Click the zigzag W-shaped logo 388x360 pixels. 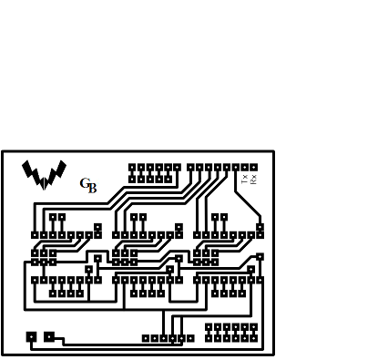tap(44, 173)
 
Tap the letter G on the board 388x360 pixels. tap(85, 184)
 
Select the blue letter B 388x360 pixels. tap(92, 190)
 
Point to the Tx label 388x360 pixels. tap(244, 179)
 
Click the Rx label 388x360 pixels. tap(254, 179)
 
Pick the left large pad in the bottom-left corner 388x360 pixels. tap(32, 336)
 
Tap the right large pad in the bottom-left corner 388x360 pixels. tap(49, 336)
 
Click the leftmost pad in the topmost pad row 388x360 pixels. tap(132, 168)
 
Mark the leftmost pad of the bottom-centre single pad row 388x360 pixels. tap(146, 338)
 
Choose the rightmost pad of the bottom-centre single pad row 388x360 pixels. tap(190, 338)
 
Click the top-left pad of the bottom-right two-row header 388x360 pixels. tap(209, 326)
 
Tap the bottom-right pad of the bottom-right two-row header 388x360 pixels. tap(253, 337)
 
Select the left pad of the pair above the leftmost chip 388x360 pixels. tap(53, 217)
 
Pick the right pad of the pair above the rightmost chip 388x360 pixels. tap(224, 217)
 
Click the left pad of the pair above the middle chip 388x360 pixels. tap(134, 217)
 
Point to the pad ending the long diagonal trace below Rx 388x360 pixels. tap(260, 227)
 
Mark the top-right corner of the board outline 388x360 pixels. tap(272, 152)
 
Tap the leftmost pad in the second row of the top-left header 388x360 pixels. tap(132, 179)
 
